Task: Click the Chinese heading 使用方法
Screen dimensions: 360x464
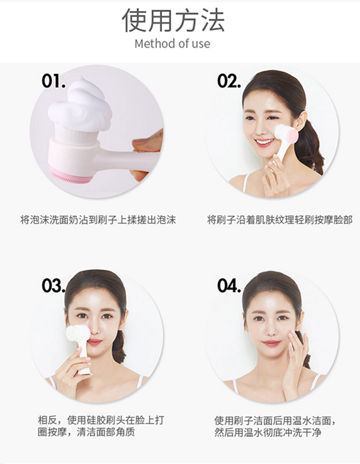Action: tap(173, 20)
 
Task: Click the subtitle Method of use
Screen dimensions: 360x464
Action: tap(172, 44)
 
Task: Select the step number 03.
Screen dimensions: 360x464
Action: tap(54, 286)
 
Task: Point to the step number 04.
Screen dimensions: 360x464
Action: tap(229, 286)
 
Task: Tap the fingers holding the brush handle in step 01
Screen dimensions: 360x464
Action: tap(147, 154)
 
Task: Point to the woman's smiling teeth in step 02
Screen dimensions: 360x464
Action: tap(264, 142)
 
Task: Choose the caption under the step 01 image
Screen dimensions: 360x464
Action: tap(98, 220)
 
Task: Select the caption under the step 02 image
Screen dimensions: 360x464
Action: tap(279, 220)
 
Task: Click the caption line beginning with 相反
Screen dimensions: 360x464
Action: tap(101, 420)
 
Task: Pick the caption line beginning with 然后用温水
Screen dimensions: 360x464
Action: tap(268, 433)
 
